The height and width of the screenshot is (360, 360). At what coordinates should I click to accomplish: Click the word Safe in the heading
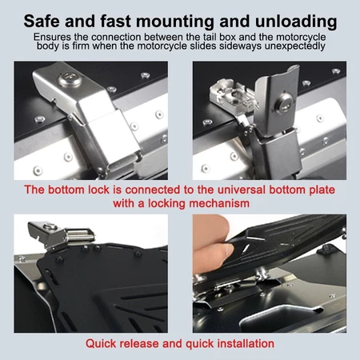coord(41,21)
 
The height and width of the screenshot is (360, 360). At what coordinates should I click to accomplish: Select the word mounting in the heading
coord(175,22)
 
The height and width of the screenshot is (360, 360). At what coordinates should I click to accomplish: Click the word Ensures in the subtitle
coord(52,37)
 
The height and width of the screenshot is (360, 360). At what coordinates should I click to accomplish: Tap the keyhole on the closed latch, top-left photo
coord(70,79)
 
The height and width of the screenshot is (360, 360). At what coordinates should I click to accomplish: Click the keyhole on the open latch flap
coord(285,105)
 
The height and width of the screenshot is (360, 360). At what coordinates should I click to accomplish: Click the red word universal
coord(242,190)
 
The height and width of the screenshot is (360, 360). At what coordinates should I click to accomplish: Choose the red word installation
coord(246,343)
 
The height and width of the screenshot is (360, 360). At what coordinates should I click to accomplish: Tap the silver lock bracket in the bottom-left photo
coord(60,234)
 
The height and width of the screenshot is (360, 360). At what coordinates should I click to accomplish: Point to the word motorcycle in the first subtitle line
coord(301,38)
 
